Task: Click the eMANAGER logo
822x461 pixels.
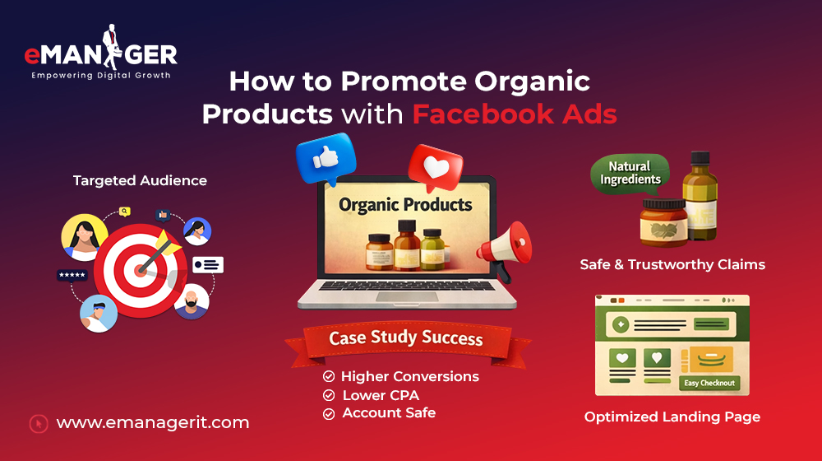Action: (101, 56)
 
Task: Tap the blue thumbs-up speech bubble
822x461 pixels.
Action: (323, 159)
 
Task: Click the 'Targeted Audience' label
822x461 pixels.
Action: (140, 180)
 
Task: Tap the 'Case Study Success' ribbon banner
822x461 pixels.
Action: (406, 338)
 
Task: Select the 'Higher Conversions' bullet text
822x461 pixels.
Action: (409, 376)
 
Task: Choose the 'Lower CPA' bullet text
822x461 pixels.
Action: (381, 395)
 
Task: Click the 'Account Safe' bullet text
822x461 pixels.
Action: (389, 413)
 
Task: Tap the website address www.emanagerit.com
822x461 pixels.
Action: (153, 423)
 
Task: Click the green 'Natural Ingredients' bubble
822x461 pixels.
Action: (630, 172)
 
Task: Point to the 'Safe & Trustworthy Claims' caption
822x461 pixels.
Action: (672, 264)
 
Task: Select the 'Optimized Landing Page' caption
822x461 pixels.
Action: (672, 417)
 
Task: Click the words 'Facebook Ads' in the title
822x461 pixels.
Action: (515, 114)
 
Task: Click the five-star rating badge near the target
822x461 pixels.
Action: (72, 275)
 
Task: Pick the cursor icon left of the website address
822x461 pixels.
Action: (38, 423)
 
